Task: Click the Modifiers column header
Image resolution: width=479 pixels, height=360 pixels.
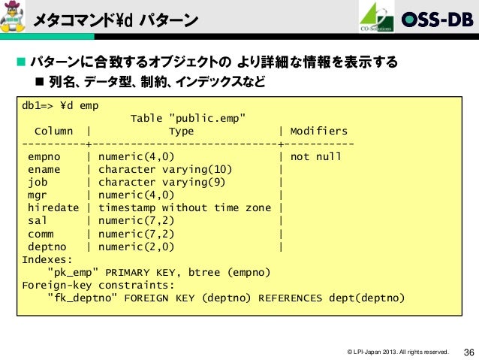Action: click(318, 132)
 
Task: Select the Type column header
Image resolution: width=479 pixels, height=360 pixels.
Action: click(181, 132)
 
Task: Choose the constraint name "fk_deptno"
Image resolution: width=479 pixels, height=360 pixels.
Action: click(83, 298)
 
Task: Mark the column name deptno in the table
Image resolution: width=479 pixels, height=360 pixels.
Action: click(47, 247)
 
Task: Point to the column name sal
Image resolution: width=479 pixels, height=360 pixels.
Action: click(38, 221)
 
